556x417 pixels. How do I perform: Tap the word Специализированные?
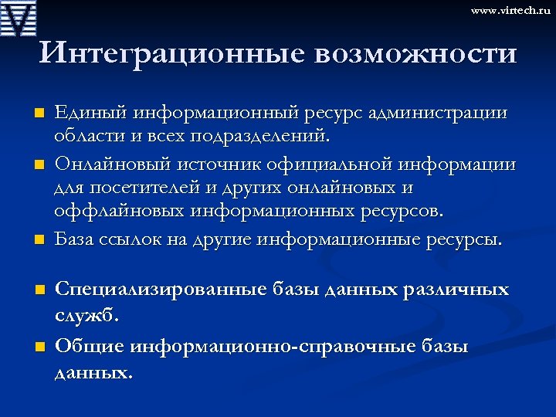tap(159, 290)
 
